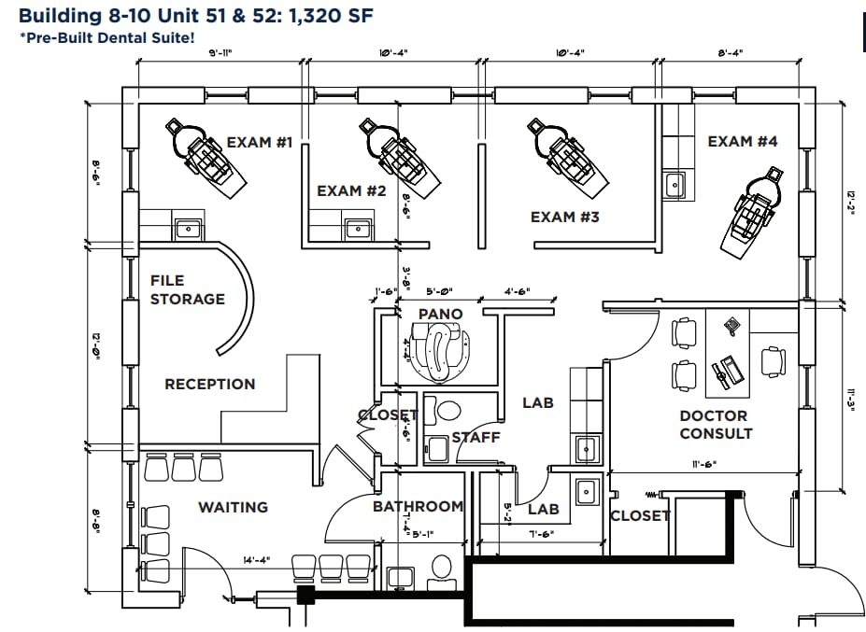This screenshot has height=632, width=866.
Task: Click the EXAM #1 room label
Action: [x=260, y=143]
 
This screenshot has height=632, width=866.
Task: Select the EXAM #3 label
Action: [x=564, y=218]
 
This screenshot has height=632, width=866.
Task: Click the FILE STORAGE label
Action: [x=188, y=289]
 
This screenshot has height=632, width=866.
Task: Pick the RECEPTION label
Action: [x=209, y=384]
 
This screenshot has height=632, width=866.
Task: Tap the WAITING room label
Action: [x=233, y=507]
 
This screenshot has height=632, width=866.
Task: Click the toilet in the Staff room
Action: [x=447, y=411]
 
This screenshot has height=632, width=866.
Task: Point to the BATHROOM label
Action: [x=418, y=507]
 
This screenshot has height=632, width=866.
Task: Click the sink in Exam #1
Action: [x=189, y=228]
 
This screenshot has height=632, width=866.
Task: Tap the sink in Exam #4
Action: [x=674, y=184]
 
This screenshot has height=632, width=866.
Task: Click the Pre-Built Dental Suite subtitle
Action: [x=107, y=37]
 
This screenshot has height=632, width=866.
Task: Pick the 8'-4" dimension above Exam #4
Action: [x=730, y=54]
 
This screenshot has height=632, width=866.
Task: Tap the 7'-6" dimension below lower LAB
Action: [x=543, y=535]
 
